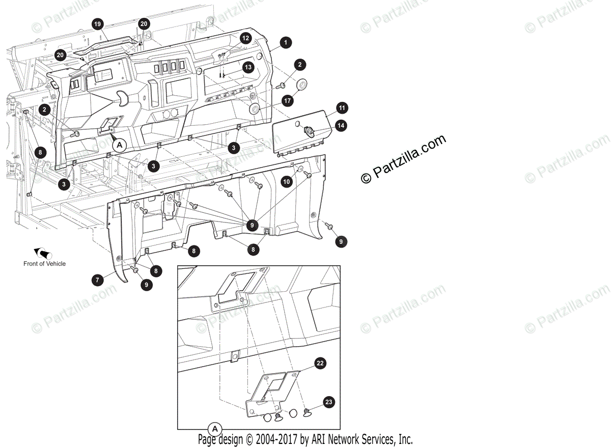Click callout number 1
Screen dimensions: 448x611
tap(286, 43)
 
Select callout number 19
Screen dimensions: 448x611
tap(98, 23)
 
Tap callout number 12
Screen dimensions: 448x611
tap(245, 38)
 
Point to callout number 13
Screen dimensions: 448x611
tap(247, 67)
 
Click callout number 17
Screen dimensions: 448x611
tap(288, 101)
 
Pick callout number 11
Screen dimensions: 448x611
tap(341, 108)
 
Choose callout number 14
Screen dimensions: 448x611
tap(340, 125)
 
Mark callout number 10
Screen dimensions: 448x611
tap(287, 181)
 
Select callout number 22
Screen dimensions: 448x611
tap(320, 363)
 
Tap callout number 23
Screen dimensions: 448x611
tap(329, 402)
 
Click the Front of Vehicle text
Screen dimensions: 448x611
tap(44, 264)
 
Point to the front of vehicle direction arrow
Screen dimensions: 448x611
tap(43, 253)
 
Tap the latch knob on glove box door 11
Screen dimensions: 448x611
tap(309, 132)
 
